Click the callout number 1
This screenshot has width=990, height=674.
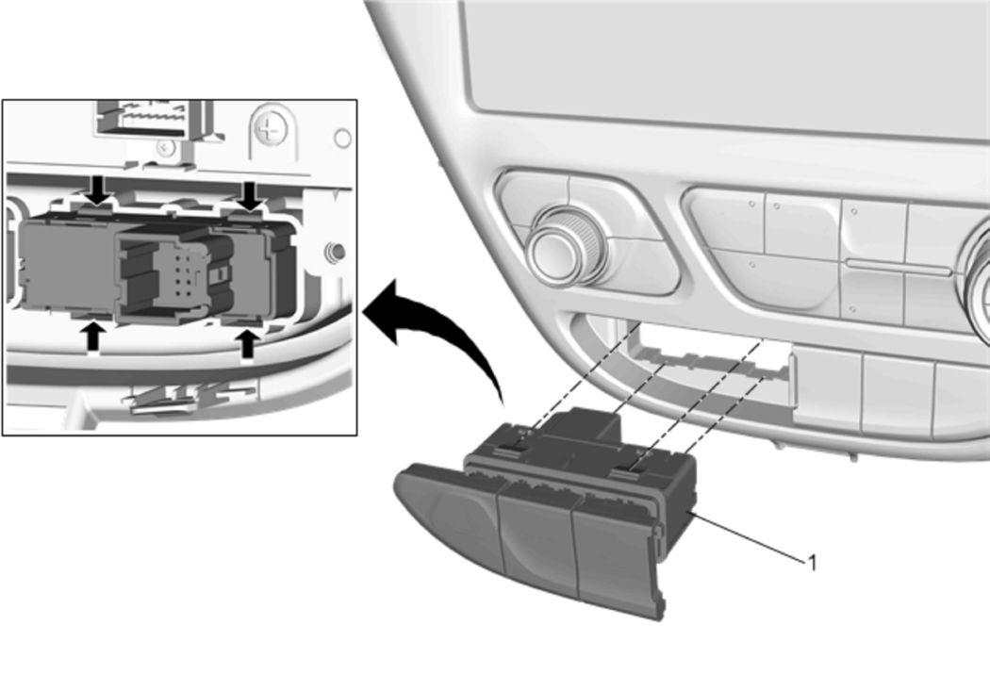[813, 563]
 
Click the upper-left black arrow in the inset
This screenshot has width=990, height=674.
[98, 190]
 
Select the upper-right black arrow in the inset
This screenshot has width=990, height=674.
[251, 196]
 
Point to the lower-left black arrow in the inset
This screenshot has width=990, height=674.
[93, 335]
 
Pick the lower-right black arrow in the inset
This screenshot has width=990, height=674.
[247, 344]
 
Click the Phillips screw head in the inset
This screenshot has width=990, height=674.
[271, 129]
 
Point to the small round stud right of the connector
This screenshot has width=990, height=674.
[335, 253]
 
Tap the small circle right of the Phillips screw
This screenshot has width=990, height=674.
[342, 139]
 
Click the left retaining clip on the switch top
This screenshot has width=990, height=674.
[513, 450]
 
